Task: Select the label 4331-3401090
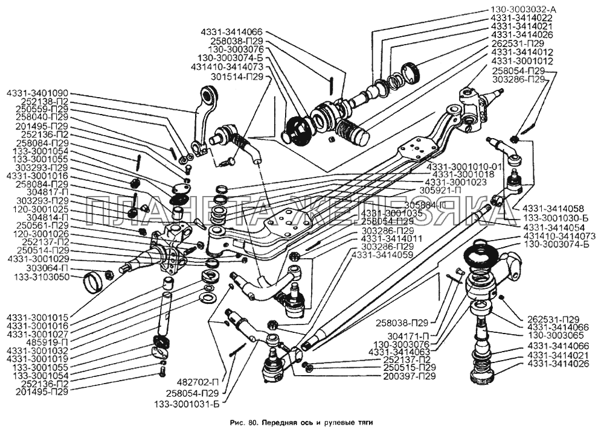(x=37, y=93)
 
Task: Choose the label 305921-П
(x=440, y=189)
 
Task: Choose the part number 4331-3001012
(x=522, y=61)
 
